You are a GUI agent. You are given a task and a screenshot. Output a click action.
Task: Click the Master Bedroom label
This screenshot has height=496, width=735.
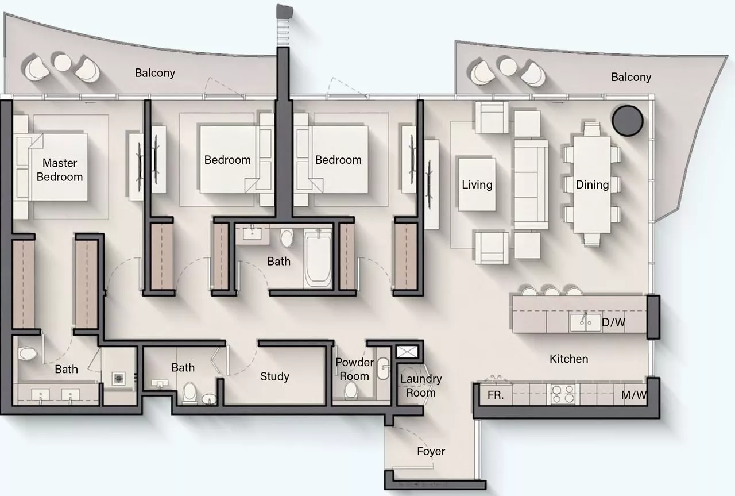(x=59, y=170)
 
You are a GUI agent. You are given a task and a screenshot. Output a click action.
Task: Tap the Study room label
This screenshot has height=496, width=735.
(x=274, y=376)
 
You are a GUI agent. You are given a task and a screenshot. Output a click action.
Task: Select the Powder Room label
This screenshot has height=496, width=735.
(x=354, y=369)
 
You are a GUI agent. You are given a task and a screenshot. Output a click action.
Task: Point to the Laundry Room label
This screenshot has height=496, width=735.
(x=421, y=386)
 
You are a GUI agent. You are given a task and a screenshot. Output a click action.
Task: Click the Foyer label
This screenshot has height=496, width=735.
(x=431, y=451)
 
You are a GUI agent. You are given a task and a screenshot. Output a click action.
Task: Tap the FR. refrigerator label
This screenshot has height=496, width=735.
(x=496, y=395)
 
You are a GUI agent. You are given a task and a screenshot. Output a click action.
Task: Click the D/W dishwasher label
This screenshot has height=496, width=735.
(x=613, y=322)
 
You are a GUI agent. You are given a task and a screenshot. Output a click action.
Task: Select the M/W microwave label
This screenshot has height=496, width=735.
(x=634, y=395)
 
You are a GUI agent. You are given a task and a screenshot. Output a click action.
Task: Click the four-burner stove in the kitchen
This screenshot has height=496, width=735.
(x=563, y=394)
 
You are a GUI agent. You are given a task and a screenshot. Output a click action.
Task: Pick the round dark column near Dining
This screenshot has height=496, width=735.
(x=628, y=121)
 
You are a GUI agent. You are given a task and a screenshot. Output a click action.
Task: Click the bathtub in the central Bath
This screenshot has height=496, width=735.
(x=318, y=258)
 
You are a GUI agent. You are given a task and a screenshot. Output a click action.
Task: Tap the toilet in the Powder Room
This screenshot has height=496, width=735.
(x=351, y=391)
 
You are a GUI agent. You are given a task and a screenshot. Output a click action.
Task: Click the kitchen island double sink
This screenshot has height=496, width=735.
(x=585, y=322)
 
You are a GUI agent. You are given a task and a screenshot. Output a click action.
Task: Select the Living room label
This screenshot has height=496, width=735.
(x=477, y=184)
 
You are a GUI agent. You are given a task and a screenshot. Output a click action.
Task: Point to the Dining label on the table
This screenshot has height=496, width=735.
(x=592, y=184)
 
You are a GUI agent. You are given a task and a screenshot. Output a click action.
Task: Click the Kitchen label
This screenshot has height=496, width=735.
(x=568, y=359)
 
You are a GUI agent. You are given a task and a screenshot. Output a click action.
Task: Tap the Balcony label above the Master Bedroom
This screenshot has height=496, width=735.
(x=155, y=73)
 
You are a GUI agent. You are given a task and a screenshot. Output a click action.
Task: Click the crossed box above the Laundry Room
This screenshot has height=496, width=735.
(x=407, y=352)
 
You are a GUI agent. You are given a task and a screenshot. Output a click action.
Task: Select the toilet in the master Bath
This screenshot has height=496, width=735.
(x=28, y=353)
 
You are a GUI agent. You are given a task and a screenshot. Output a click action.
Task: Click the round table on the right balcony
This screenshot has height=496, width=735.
(x=508, y=67)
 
